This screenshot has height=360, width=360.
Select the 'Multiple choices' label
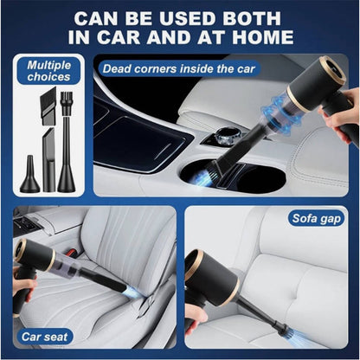tap(48, 71)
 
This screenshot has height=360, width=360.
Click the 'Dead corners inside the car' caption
tap(179, 69)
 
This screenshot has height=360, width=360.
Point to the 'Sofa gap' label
tap(317, 219)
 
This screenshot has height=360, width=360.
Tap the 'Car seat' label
tap(44, 337)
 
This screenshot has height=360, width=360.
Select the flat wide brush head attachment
tap(48, 106)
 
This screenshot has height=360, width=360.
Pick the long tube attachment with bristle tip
tap(66, 142)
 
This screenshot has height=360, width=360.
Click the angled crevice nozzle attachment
tap(49, 160)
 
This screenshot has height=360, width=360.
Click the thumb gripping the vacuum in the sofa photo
tap(196, 313)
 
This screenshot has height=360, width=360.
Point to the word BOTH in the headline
tap(252, 18)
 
